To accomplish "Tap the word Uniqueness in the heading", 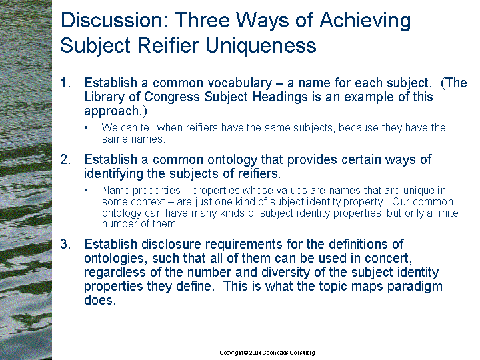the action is pyautogui.click(x=261, y=45).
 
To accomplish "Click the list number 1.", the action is pyautogui.click(x=65, y=83).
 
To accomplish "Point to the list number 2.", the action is pyautogui.click(x=65, y=159).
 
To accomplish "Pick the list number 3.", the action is pyautogui.click(x=65, y=244).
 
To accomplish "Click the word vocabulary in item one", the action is pyautogui.click(x=240, y=83).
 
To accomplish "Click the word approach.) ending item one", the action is pyautogui.click(x=115, y=111).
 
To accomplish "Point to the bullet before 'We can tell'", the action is pyautogui.click(x=87, y=127).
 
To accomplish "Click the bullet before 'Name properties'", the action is pyautogui.click(x=87, y=190).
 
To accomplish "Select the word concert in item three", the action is pyautogui.click(x=388, y=259).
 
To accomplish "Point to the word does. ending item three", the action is pyautogui.click(x=100, y=300).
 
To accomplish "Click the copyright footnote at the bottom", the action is pyautogui.click(x=267, y=353).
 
